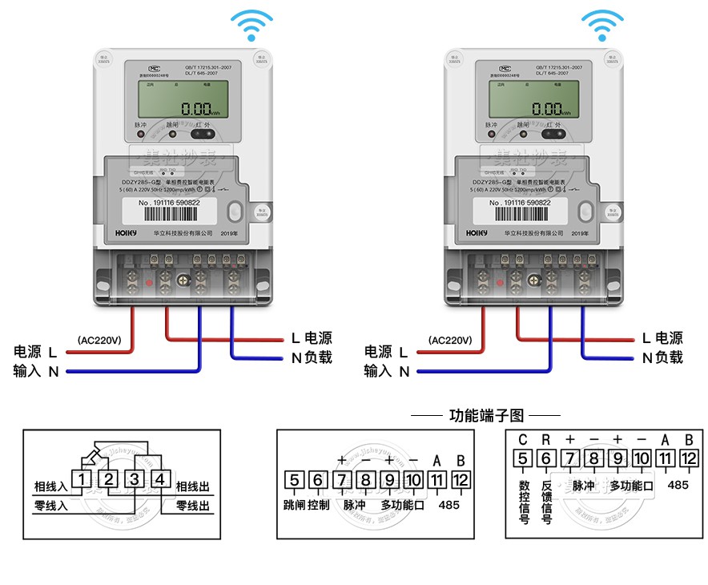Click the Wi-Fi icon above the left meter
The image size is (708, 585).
(x=251, y=26)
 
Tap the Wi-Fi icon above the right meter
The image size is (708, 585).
(x=602, y=26)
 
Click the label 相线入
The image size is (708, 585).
(x=50, y=486)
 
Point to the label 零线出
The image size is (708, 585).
(x=192, y=506)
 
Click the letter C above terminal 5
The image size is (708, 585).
(x=522, y=439)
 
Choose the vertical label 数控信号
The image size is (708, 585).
(x=523, y=501)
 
